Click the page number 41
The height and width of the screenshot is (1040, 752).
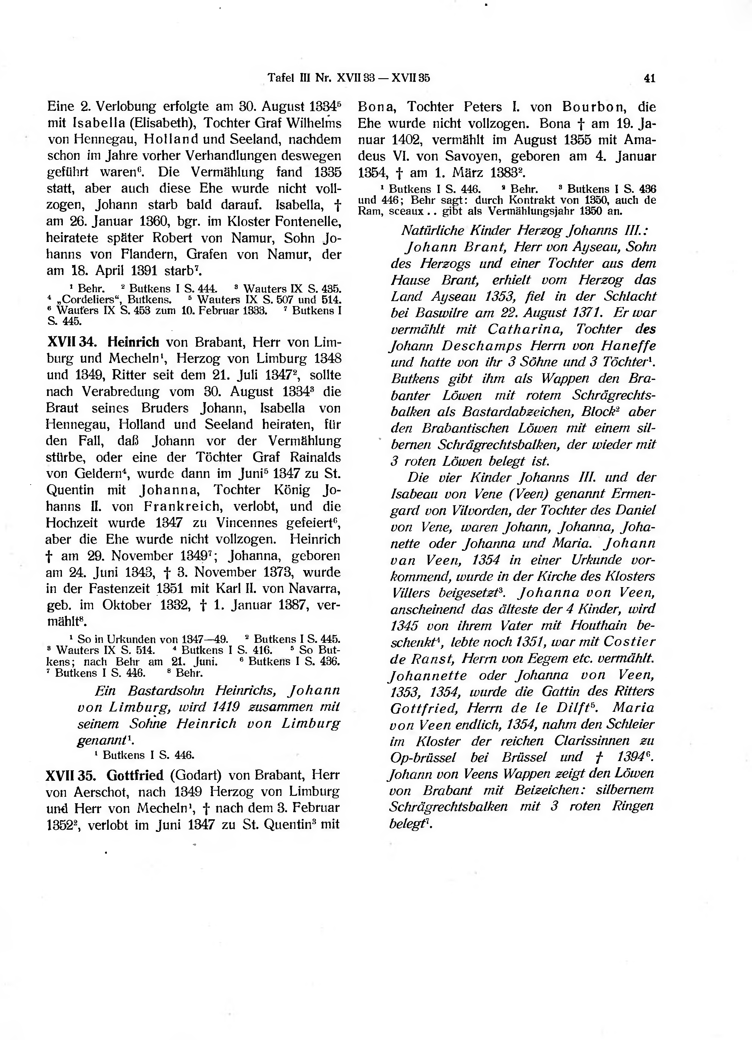(x=649, y=79)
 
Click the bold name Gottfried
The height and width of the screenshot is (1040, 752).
(x=135, y=776)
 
